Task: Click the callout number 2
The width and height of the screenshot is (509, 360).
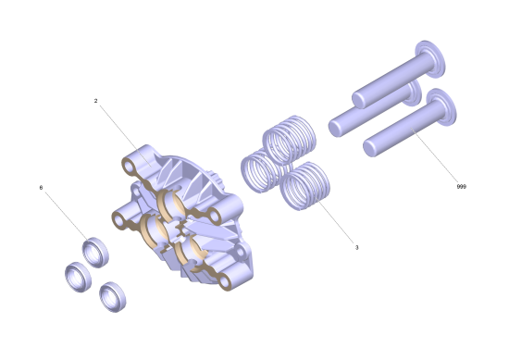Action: (x=95, y=101)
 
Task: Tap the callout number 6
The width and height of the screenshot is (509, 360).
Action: (x=41, y=188)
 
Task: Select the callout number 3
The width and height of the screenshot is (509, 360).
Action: (x=356, y=247)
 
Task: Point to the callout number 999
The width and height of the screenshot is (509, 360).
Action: (x=461, y=187)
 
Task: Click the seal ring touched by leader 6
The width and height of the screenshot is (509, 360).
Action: (x=95, y=253)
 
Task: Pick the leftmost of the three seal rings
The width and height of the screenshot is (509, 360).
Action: (x=78, y=278)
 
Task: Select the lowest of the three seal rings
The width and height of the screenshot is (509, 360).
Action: (x=112, y=297)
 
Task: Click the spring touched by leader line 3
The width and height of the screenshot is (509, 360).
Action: (x=304, y=186)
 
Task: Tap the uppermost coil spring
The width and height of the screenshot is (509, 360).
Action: (x=290, y=140)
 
